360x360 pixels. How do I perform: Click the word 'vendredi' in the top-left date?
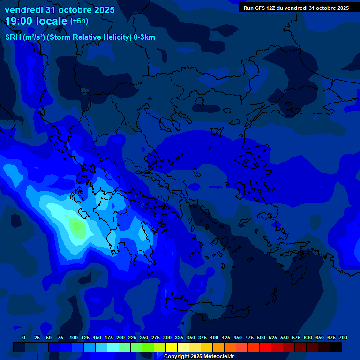tap(24, 10)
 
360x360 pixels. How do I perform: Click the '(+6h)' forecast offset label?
tap(79, 21)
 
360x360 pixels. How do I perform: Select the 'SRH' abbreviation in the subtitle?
tap(13, 37)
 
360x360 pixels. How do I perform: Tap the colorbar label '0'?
tap(24, 337)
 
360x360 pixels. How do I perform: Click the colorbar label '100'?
tap(74, 337)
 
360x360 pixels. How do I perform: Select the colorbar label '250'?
tap(144, 337)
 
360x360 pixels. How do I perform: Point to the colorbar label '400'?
tap(214, 337)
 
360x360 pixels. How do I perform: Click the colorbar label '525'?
tap(273, 337)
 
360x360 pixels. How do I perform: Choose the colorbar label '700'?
tap(343, 337)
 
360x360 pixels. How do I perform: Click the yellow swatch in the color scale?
tap(172, 347)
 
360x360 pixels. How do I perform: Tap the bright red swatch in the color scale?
tap(265, 347)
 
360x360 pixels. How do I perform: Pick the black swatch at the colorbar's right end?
tap(336, 347)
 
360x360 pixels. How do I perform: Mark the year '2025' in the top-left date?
tap(105, 10)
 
